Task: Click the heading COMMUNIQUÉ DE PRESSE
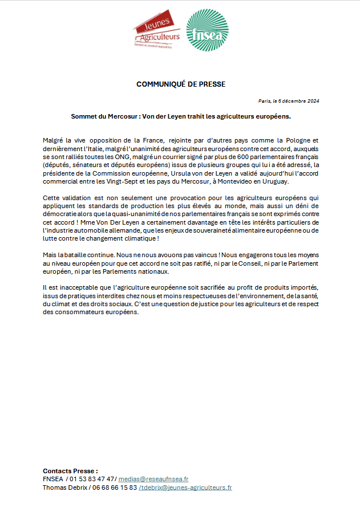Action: pyautogui.click(x=181, y=84)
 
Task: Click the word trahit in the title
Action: pyautogui.click(x=197, y=116)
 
